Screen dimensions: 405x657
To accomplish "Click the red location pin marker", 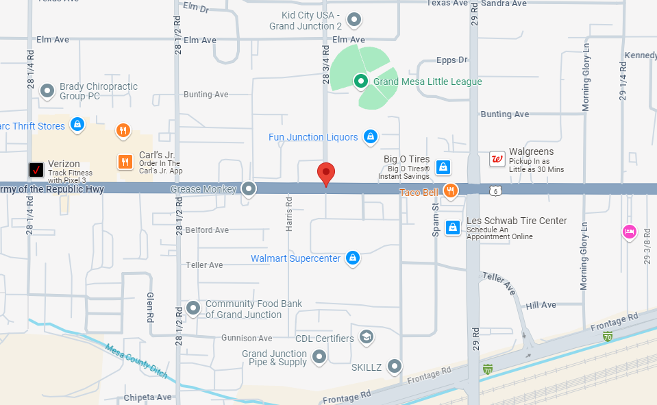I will click(326, 173).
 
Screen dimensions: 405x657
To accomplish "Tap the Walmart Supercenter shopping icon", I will click(352, 258).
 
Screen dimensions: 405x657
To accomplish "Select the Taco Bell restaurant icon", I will click(450, 190).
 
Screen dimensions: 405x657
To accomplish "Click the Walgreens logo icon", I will click(497, 160).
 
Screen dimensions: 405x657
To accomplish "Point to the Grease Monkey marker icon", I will click(249, 188).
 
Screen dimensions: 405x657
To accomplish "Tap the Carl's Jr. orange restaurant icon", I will click(125, 162).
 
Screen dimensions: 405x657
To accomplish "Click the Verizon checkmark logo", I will click(36, 169).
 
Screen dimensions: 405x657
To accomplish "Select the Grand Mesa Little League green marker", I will click(361, 82).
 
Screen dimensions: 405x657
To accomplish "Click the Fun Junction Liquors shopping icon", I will click(371, 136).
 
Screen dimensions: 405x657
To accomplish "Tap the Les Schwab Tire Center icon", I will click(453, 227).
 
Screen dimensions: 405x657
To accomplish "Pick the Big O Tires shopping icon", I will click(443, 167).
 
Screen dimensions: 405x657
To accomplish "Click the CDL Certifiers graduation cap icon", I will click(367, 337).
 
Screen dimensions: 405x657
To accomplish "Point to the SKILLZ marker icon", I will click(394, 367).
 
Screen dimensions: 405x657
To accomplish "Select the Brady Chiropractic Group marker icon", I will click(47, 90).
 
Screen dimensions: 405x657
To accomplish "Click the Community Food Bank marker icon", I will click(193, 308).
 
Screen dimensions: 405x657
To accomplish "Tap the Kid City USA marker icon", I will click(354, 20).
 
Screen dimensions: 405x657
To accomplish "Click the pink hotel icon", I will click(629, 232).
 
